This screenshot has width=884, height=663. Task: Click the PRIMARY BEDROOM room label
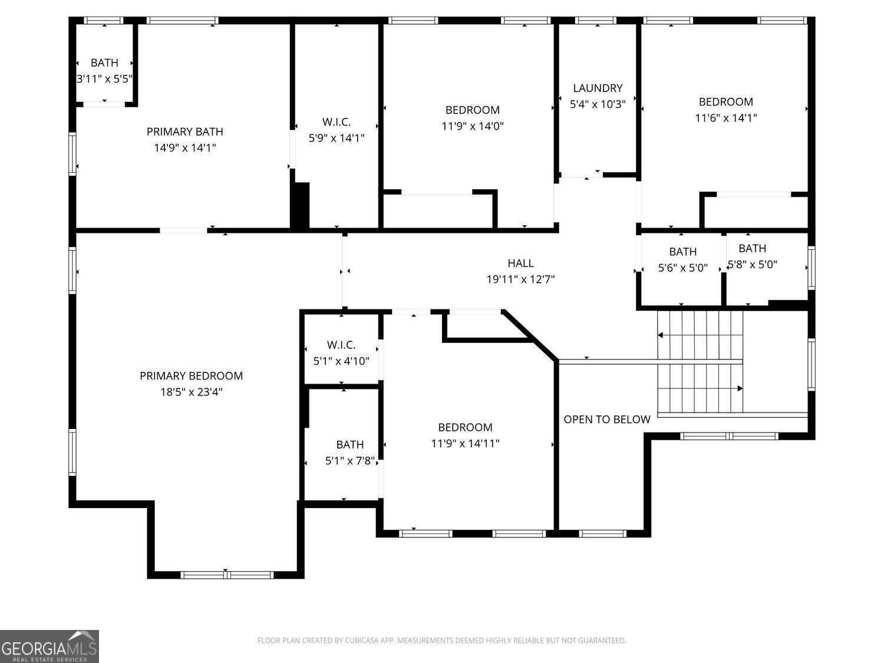click(191, 376)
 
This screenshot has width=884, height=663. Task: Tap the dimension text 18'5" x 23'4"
click(191, 392)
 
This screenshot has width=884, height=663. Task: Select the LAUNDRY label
click(598, 88)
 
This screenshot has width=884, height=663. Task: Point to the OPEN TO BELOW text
click(607, 420)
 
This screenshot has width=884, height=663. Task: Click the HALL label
click(520, 263)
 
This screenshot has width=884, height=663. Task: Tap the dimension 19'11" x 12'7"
click(520, 279)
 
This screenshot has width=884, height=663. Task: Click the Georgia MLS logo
click(49, 646)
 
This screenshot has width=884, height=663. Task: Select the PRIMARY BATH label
click(184, 132)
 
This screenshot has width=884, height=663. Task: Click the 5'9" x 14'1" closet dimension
click(337, 138)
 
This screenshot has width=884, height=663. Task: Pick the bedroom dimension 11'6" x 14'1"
click(725, 118)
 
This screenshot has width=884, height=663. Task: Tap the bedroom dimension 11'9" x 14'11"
click(465, 444)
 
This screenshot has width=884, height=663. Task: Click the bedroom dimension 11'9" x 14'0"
click(472, 126)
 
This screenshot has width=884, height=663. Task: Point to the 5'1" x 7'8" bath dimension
click(350, 461)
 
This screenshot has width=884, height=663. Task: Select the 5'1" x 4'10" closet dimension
click(341, 361)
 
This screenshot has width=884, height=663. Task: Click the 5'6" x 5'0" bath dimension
click(682, 268)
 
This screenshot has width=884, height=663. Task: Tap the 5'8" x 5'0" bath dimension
click(753, 265)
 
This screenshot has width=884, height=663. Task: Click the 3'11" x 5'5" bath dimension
click(104, 79)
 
